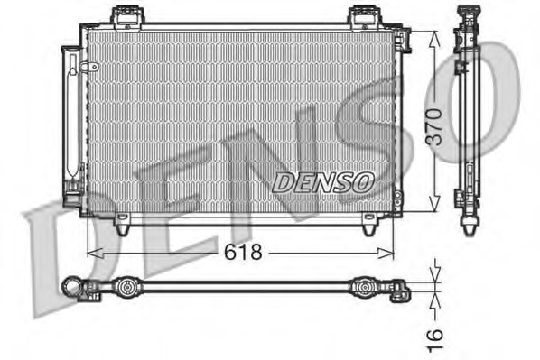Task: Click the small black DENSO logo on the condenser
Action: click(x=322, y=180)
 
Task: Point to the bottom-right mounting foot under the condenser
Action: click(x=370, y=228)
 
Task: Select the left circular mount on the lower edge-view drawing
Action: click(x=129, y=288)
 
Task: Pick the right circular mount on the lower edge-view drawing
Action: click(x=363, y=288)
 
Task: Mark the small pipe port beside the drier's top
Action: click(x=88, y=67)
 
